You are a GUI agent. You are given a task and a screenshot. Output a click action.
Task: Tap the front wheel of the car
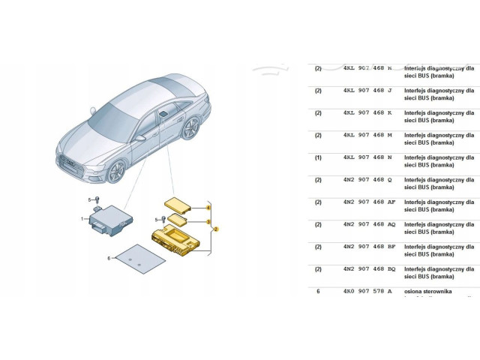point(115,172)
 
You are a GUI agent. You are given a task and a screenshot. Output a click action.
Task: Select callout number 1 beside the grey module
point(83,219)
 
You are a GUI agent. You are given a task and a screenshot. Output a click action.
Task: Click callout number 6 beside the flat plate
point(109,259)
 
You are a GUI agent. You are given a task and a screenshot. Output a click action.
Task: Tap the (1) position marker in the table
point(318,157)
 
